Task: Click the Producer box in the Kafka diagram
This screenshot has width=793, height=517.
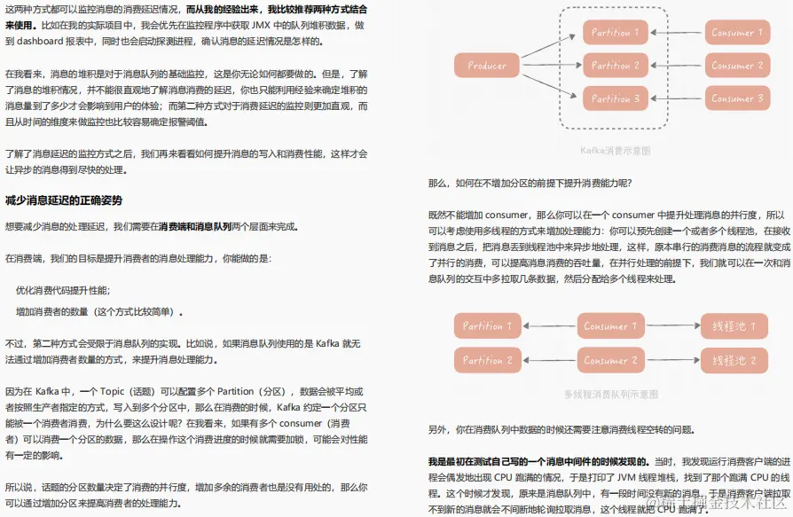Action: pos(486,65)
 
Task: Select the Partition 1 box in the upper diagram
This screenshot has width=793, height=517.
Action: pos(615,33)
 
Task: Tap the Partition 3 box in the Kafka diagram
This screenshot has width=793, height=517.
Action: pos(615,98)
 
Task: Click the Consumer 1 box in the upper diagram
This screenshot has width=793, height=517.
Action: pos(737,33)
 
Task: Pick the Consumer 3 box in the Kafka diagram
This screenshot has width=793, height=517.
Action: pos(737,98)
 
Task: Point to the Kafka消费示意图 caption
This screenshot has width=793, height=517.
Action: pos(615,151)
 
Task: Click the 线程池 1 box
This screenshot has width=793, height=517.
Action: pos(734,325)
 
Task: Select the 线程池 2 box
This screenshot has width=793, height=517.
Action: pos(734,360)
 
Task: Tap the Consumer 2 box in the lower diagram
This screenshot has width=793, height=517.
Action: pos(610,360)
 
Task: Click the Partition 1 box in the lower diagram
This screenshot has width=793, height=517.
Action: pos(487,325)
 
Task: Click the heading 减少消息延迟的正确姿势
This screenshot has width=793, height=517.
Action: pos(64,200)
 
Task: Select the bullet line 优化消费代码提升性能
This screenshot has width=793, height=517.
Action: pos(63,290)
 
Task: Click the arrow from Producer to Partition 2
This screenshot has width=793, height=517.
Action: pos(550,65)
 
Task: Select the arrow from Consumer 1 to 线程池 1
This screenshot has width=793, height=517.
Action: pos(671,325)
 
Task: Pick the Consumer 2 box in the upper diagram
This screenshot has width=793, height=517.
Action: pos(737,66)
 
